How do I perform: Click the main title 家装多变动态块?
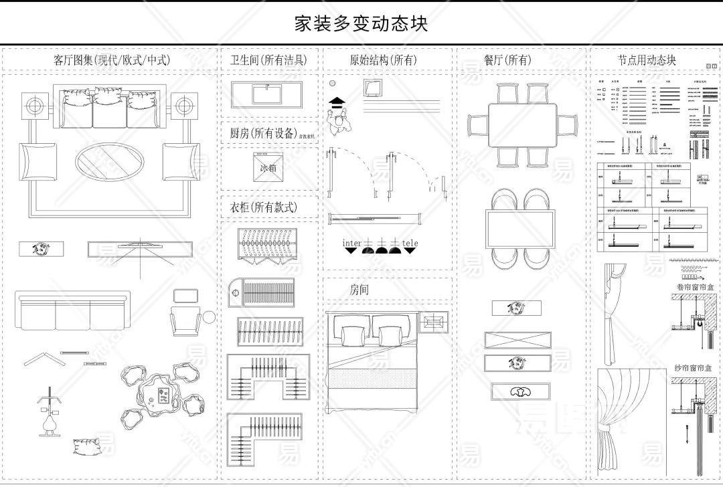(361, 23)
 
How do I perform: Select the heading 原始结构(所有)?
(383, 60)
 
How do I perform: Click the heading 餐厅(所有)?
(507, 60)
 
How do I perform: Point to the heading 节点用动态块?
(646, 60)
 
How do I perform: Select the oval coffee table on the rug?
(109, 161)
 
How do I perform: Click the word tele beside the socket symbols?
(410, 242)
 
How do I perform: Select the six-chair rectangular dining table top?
(523, 125)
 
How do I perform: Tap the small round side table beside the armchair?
(210, 316)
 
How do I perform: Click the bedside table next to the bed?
(434, 322)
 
